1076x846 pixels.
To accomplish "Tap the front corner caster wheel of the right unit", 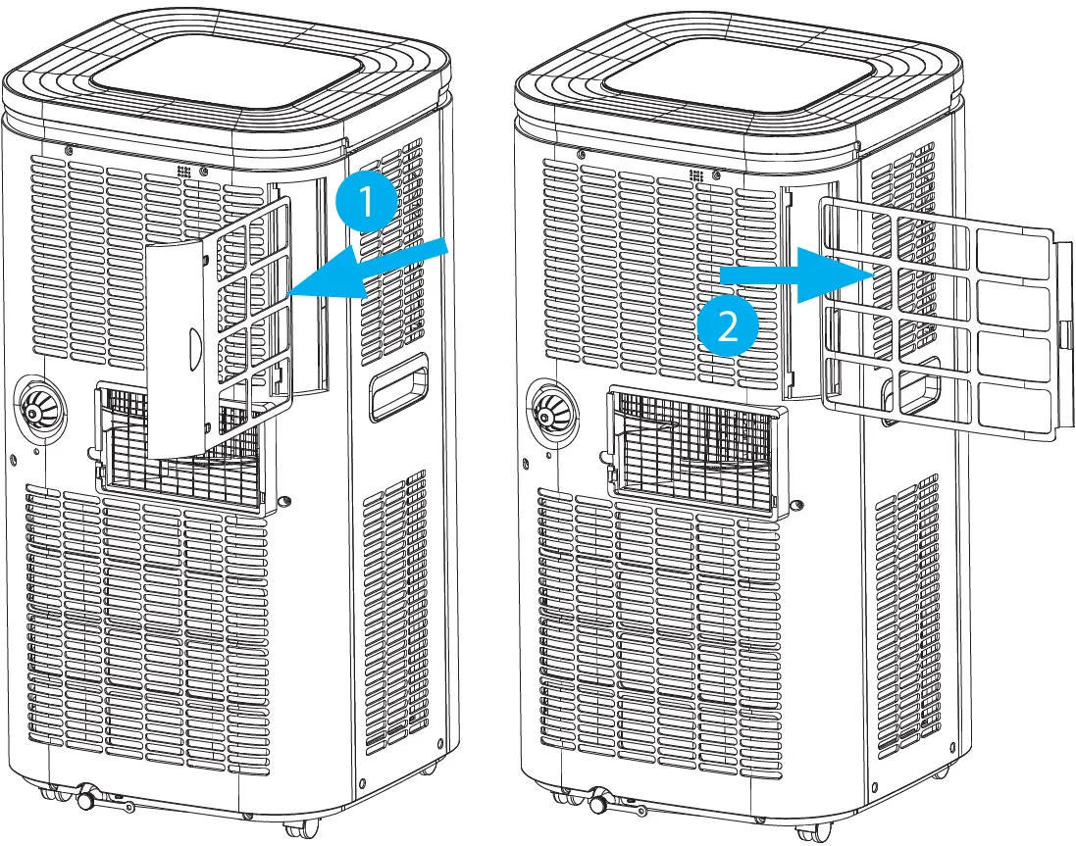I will tap(809, 830).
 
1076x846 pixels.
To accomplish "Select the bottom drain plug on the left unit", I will tap(86, 800).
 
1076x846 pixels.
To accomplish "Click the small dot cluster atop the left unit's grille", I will tap(182, 172).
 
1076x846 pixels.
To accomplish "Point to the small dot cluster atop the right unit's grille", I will tap(696, 174).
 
